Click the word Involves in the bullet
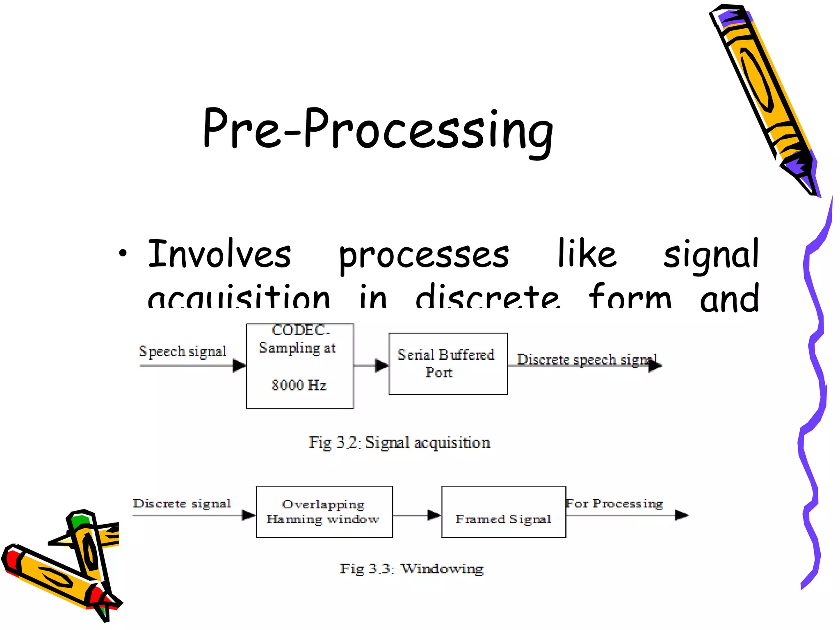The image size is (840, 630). tap(219, 254)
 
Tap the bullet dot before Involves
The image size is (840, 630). tap(123, 254)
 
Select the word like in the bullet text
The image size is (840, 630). tap(587, 253)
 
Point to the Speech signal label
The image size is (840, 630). tap(183, 352)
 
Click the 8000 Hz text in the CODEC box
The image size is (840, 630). tap(299, 385)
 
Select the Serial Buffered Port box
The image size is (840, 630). tap(448, 364)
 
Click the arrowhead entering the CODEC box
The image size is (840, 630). tap(239, 365)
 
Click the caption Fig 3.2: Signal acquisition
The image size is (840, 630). tap(399, 443)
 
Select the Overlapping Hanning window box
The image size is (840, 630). tap(324, 512)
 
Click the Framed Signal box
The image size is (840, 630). tap(503, 512)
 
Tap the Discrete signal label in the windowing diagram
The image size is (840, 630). tap(182, 503)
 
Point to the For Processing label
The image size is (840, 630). tap(614, 503)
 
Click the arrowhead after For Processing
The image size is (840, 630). tap(681, 515)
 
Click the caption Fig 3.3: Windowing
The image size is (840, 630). tap(411, 569)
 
